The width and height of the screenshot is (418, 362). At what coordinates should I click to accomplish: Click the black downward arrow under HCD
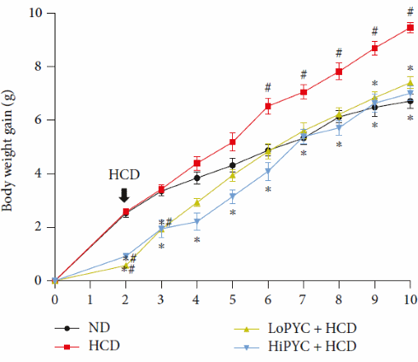[x=125, y=196]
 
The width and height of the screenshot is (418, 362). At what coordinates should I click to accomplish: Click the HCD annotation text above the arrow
[x=125, y=175]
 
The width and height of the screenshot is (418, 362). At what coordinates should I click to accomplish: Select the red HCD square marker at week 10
[x=410, y=27]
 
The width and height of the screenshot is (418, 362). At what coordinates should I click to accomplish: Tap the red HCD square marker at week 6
[x=268, y=107]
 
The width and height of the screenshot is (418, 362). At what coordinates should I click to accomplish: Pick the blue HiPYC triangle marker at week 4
[x=196, y=222]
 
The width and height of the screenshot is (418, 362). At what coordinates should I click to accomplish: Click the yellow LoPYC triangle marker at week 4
[x=196, y=202]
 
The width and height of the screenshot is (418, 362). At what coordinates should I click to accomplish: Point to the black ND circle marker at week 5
[x=232, y=165]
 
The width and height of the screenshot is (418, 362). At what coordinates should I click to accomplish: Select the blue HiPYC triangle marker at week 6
[x=268, y=171]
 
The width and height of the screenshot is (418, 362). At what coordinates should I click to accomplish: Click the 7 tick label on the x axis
[x=303, y=300]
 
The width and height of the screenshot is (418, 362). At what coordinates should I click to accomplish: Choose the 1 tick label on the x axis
[x=90, y=300]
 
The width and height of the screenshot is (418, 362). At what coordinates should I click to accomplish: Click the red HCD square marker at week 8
[x=339, y=72]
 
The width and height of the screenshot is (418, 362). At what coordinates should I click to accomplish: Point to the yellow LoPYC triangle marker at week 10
[x=410, y=83]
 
